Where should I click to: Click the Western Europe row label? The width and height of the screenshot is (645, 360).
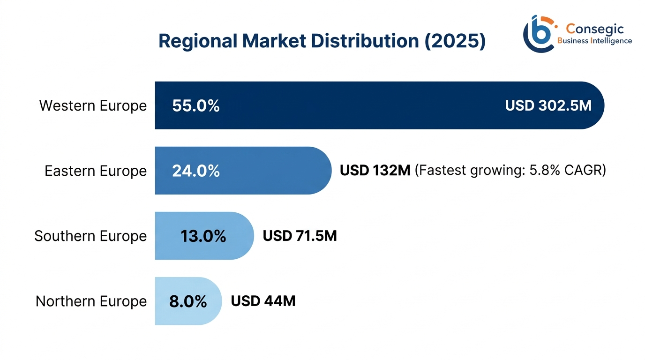click(x=93, y=105)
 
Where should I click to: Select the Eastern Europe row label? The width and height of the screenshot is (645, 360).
click(x=96, y=171)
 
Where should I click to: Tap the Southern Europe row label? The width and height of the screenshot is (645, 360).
click(x=90, y=236)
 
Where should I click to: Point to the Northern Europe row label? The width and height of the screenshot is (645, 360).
click(x=91, y=301)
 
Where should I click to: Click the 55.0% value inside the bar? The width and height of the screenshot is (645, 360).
click(x=196, y=106)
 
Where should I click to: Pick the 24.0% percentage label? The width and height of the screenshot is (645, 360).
click(x=196, y=171)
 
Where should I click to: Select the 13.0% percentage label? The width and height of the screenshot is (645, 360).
click(x=203, y=236)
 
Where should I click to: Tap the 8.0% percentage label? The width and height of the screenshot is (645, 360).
click(x=188, y=301)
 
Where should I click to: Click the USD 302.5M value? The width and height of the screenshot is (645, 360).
click(x=548, y=105)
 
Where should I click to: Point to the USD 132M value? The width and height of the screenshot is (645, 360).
click(x=375, y=171)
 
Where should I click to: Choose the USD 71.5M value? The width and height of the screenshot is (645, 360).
click(x=300, y=236)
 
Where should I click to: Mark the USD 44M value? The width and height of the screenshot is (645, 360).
click(x=263, y=301)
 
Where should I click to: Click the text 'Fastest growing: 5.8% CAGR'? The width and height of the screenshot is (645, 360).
click(x=510, y=171)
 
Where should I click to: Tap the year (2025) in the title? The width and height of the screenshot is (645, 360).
click(x=455, y=41)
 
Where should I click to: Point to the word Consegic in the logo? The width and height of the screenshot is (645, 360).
click(x=595, y=29)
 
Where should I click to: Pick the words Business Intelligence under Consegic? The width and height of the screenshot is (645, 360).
click(x=594, y=41)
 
